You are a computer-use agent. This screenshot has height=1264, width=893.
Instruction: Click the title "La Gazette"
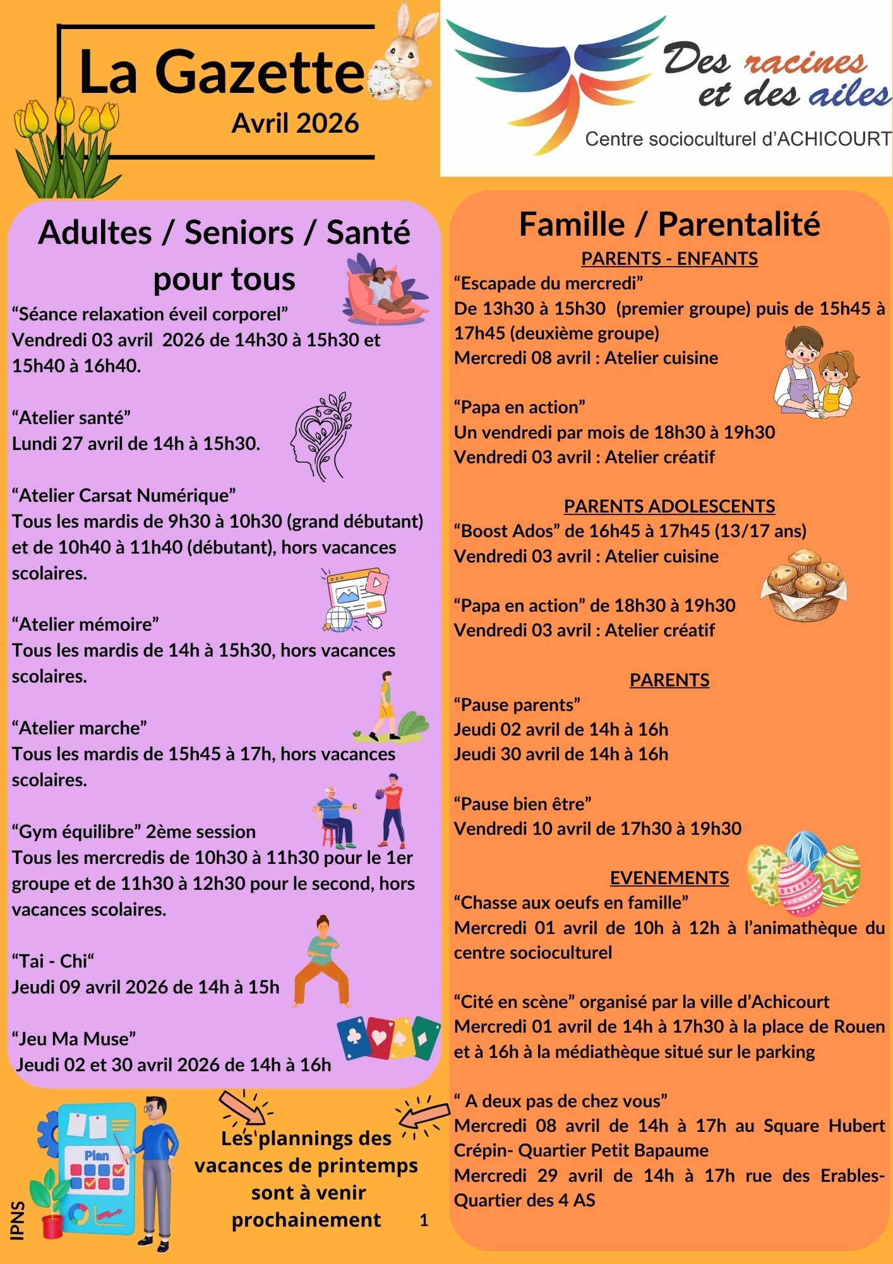[x=221, y=73]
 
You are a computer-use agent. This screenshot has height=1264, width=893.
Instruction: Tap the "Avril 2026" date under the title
[x=295, y=123]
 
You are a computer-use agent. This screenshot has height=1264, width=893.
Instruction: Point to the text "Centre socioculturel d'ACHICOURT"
[x=738, y=139]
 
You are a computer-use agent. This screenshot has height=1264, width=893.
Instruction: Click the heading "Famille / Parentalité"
[x=669, y=224]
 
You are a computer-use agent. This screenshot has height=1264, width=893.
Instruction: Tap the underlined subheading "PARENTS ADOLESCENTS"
[x=669, y=506]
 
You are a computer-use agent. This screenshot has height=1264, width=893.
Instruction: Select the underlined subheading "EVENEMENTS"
[x=669, y=878]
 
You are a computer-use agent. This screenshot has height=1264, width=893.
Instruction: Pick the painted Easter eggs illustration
[x=803, y=873]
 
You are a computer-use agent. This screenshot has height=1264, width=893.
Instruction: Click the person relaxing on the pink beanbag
[x=385, y=289]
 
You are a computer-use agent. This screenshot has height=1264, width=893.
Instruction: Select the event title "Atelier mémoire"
[x=85, y=624]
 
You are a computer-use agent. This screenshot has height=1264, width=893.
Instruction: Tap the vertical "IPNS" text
[x=18, y=1220]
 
